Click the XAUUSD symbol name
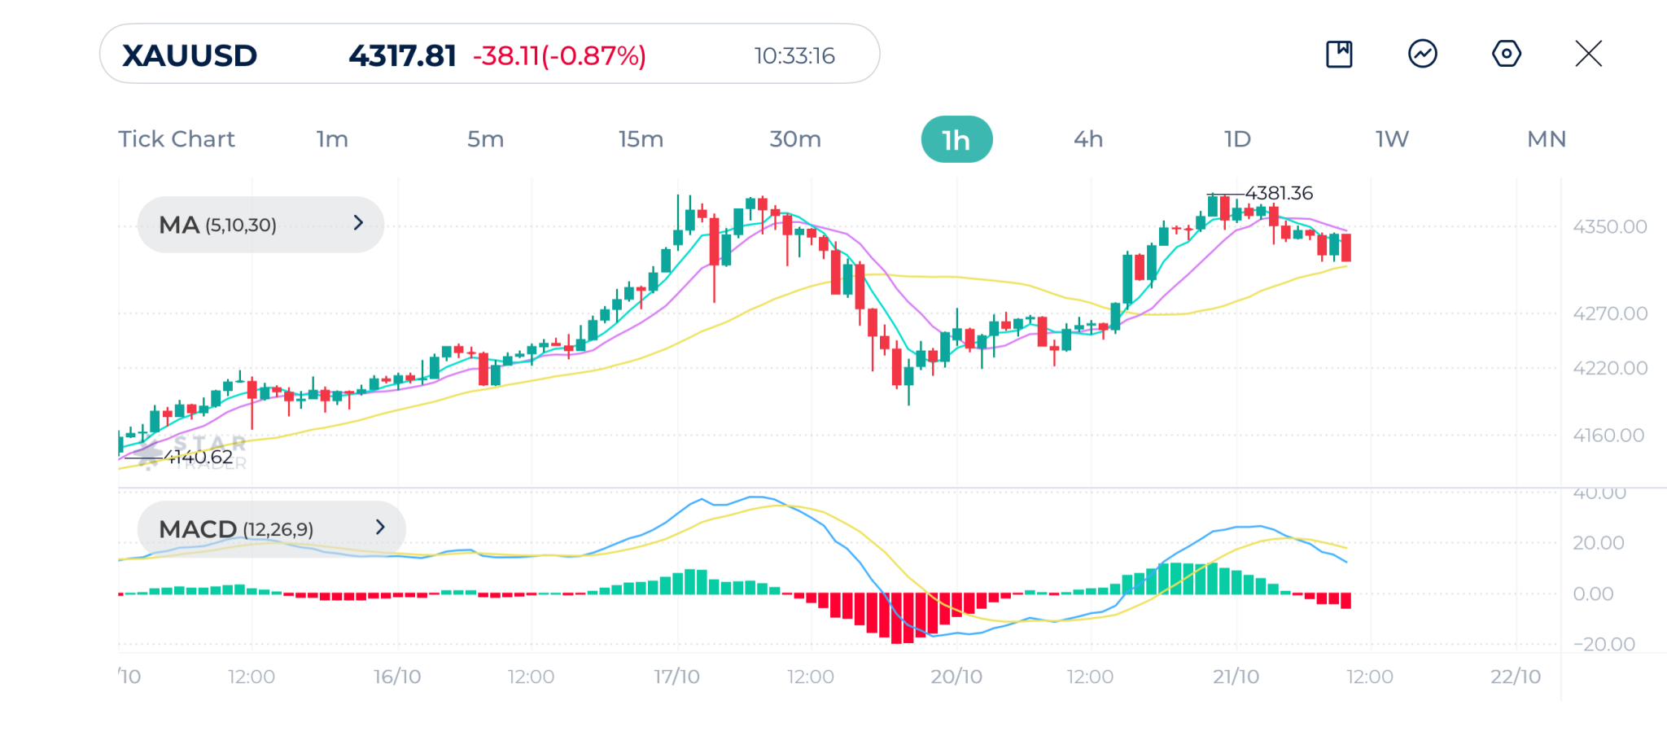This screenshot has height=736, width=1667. [x=190, y=55]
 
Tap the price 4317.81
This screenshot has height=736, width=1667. [x=402, y=55]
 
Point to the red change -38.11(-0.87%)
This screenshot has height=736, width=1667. [x=559, y=55]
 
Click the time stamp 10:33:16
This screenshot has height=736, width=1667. [x=794, y=55]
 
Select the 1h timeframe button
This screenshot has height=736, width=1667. [x=956, y=139]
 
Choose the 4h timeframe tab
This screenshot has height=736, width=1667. [x=1088, y=139]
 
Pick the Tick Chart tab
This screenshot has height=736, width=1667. [x=177, y=139]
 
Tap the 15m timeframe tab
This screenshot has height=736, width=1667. [x=641, y=139]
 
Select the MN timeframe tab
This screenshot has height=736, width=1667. [x=1547, y=139]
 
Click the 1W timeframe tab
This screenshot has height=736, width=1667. [x=1392, y=139]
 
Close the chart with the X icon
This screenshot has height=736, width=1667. [x=1588, y=54]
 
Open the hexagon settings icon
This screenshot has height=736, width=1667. [x=1506, y=54]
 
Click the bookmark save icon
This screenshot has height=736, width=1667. [x=1339, y=54]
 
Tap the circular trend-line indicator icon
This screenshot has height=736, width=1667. [x=1423, y=54]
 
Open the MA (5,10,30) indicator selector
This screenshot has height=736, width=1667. [x=260, y=224]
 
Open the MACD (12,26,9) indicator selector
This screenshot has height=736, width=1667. [x=271, y=528]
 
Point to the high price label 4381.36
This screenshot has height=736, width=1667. [x=1279, y=193]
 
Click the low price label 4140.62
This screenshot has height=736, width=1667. [x=199, y=457]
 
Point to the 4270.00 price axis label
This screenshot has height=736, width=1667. [x=1609, y=313]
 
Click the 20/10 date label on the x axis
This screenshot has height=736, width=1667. [x=956, y=677]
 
